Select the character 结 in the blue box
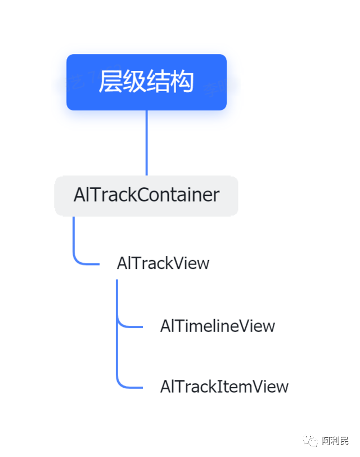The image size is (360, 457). (x=158, y=82)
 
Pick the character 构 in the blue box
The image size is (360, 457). (x=182, y=82)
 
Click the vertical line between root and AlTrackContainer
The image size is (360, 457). (x=146, y=143)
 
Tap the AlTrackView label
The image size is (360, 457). (x=163, y=263)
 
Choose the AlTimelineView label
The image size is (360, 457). (x=217, y=326)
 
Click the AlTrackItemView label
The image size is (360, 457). (x=224, y=387)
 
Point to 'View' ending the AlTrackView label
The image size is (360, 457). (x=191, y=263)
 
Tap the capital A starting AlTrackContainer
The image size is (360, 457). (x=79, y=195)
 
